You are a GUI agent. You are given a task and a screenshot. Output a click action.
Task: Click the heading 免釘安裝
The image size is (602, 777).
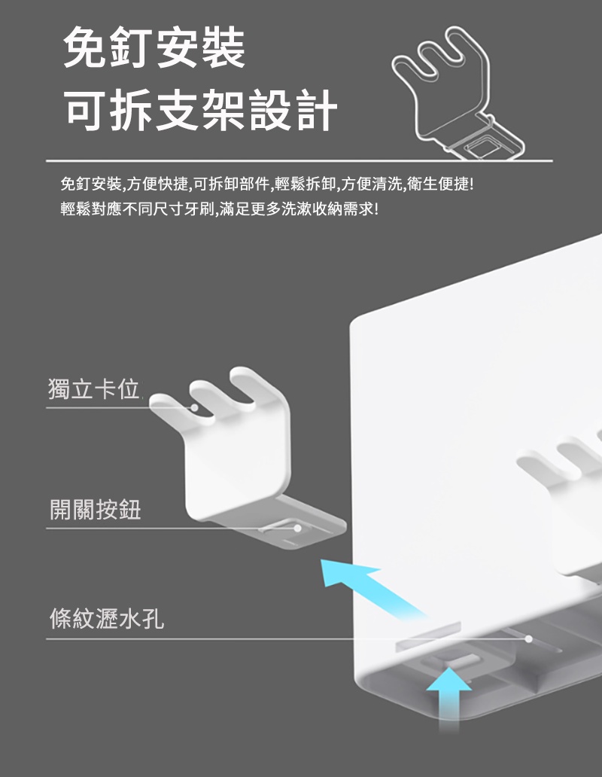tap(154, 48)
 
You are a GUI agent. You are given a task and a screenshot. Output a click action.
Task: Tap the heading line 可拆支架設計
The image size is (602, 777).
tap(201, 109)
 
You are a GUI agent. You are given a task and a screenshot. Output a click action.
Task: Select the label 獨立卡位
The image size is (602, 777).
tap(93, 388)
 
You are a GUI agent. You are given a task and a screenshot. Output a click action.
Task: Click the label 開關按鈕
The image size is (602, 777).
tap(95, 510)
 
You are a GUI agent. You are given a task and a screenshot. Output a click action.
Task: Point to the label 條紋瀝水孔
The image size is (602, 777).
tap(106, 618)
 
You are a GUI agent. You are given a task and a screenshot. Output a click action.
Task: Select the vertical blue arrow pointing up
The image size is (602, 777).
tap(449, 699)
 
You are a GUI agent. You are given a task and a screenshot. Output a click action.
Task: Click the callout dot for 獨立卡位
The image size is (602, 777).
tap(195, 407)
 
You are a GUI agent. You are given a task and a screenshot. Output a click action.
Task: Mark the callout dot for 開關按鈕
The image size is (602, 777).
tap(297, 529)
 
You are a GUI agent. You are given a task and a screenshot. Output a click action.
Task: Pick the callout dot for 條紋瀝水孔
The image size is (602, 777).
tap(529, 638)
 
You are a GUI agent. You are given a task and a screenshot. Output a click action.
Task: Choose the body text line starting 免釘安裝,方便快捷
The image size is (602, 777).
tap(267, 184)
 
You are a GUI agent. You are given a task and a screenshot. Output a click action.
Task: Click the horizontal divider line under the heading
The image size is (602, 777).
tap(299, 161)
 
